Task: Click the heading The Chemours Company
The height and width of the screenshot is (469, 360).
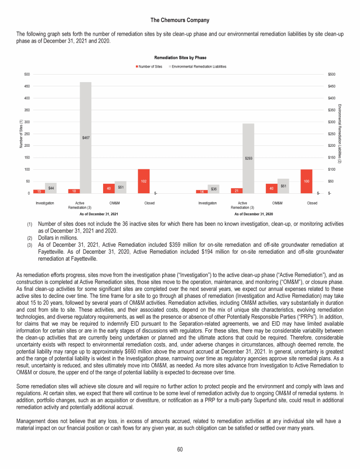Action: click(180, 20)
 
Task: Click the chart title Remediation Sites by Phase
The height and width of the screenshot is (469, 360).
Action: click(180, 57)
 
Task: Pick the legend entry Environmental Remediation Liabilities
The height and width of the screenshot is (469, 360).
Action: click(199, 67)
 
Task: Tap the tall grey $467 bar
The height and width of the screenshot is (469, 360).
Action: click(85, 137)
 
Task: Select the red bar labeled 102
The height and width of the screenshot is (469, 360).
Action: click(143, 181)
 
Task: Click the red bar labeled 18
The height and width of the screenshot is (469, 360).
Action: click(74, 191)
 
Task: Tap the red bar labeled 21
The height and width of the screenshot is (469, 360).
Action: click(236, 190)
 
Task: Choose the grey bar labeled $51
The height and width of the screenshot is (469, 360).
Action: click(120, 187)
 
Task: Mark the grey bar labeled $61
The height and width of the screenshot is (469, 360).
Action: click(283, 186)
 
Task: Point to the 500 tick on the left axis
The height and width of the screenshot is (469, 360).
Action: click(28, 74)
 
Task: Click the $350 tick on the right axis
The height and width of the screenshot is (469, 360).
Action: click(332, 110)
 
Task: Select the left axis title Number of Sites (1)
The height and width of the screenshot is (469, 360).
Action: click(21, 134)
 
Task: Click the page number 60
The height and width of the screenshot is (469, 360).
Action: click(180, 450)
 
